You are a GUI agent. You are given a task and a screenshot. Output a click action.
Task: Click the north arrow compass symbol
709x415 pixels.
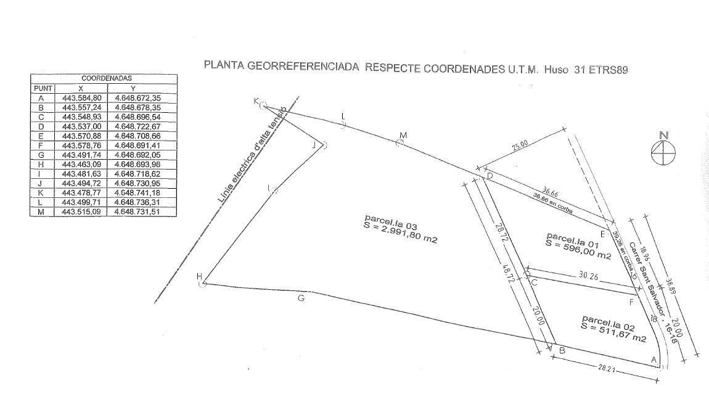pyautogui.click(x=663, y=150)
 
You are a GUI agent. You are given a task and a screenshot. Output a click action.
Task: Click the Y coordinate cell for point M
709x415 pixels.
pyautogui.click(x=142, y=212)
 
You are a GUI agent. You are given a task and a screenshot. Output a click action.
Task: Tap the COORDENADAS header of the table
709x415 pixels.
pyautogui.click(x=104, y=79)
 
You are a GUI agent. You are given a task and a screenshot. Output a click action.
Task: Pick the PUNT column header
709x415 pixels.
pyautogui.click(x=43, y=88)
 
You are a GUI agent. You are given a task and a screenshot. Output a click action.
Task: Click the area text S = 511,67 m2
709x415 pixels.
pyautogui.click(x=613, y=333)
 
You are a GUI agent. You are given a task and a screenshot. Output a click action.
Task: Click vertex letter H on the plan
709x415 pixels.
pyautogui.click(x=199, y=276)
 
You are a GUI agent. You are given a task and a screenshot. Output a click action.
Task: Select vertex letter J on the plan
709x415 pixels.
pyautogui.click(x=315, y=145)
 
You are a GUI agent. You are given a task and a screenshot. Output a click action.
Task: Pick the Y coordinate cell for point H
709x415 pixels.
pyautogui.click(x=142, y=164)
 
